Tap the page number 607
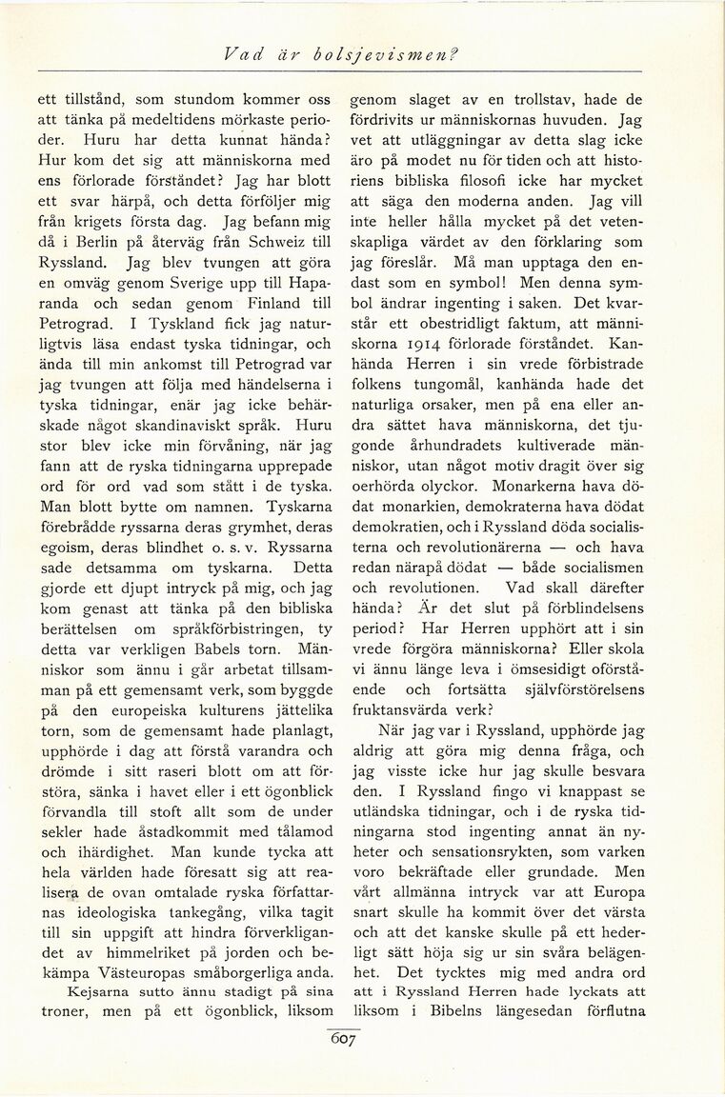pyautogui.click(x=343, y=1041)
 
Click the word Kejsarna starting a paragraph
pyautogui.click(x=84, y=991)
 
